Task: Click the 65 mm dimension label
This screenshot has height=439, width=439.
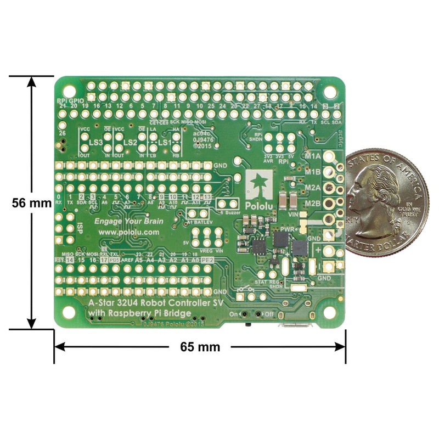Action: tap(200, 347)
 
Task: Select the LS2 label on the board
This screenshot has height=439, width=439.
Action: tap(130, 142)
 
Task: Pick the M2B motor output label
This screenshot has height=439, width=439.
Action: tap(313, 204)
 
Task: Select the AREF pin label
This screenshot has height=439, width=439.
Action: tap(128, 261)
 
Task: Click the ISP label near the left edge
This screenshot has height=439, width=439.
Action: tap(80, 224)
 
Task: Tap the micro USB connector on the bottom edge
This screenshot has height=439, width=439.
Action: tap(296, 327)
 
